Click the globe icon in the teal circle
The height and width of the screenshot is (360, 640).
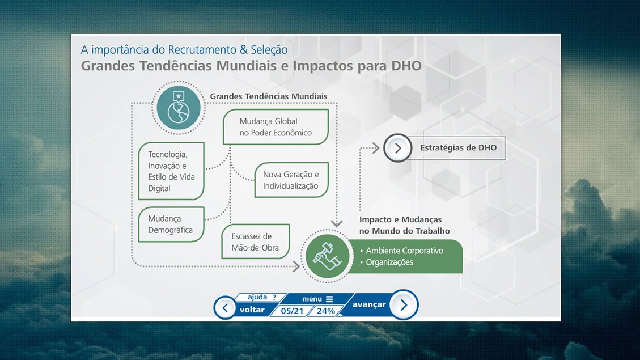click(x=179, y=108)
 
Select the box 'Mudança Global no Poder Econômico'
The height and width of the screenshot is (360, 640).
click(x=276, y=127)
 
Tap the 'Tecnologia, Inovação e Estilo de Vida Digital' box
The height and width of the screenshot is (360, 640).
click(x=171, y=171)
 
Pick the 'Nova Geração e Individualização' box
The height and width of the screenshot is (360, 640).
click(x=291, y=180)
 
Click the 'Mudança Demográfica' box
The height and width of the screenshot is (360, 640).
click(x=171, y=225)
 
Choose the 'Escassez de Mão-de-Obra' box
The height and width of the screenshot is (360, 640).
click(x=256, y=242)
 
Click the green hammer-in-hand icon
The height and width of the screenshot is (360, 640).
click(x=327, y=256)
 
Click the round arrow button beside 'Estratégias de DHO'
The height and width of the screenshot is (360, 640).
click(x=397, y=148)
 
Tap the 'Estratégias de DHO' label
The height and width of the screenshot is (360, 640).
click(x=459, y=148)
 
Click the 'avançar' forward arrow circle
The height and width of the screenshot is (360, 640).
click(x=404, y=305)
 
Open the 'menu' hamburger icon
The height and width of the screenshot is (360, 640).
click(x=329, y=299)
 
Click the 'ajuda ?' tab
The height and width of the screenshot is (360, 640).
click(x=262, y=297)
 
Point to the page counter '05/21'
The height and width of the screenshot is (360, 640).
click(x=293, y=311)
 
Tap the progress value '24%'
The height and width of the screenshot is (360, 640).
click(x=326, y=311)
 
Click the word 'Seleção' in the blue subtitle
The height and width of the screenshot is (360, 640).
click(x=269, y=50)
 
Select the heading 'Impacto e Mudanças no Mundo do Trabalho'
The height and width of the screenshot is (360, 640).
click(x=405, y=225)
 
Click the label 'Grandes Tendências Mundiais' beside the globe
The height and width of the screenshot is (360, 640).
click(x=269, y=96)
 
